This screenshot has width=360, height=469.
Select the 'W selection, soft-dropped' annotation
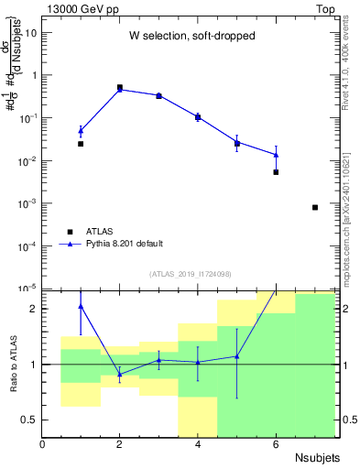tap(188, 37)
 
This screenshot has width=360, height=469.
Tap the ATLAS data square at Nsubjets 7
tap(315, 207)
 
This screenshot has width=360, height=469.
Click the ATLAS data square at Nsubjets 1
tap(81, 144)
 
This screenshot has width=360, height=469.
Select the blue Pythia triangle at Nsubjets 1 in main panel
tap(81, 131)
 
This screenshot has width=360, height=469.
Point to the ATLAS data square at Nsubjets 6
tap(276, 172)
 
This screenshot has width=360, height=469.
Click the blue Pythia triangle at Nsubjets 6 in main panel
tap(276, 155)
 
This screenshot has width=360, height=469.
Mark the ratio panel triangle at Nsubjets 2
tap(120, 374)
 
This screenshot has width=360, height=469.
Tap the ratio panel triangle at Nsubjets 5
tap(237, 356)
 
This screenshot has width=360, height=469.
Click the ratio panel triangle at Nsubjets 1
tap(81, 306)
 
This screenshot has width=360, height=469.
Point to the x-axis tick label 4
tap(198, 444)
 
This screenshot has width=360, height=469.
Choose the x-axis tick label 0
tap(42, 444)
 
